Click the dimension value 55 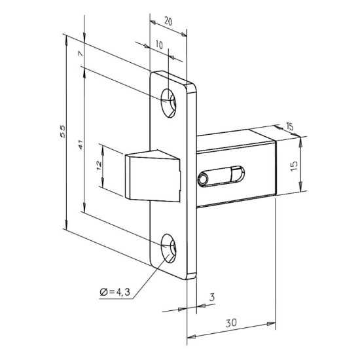[63, 132]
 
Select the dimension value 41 [81, 145]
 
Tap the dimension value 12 [99, 166]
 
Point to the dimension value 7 [80, 54]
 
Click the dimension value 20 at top [168, 22]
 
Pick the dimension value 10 [159, 45]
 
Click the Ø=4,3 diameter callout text [115, 292]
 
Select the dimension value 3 [211, 297]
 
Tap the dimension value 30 [231, 323]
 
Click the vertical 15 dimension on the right [294, 166]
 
